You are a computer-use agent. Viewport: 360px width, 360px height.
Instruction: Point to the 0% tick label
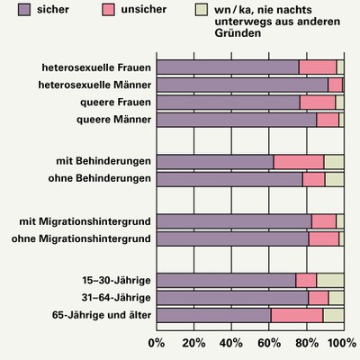tap(156, 343)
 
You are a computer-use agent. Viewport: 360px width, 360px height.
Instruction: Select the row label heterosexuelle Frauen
tap(94, 67)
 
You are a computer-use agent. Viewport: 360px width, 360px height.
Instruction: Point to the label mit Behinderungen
tap(103, 161)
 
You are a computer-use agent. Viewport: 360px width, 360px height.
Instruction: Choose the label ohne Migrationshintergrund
tap(79, 238)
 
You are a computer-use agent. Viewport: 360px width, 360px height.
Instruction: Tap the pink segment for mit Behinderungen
tap(298, 161)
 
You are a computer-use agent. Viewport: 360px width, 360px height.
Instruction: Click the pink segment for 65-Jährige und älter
tap(296, 315)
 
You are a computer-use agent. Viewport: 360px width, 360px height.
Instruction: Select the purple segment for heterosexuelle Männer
tap(241, 85)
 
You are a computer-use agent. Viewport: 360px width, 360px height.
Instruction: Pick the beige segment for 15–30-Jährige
tap(329, 280)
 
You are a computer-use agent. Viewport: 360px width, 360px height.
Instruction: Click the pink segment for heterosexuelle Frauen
tap(317, 67)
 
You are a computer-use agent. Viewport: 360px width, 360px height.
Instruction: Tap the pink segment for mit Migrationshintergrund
tap(323, 221)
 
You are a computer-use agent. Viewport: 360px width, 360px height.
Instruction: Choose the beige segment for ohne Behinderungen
tap(334, 179)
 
